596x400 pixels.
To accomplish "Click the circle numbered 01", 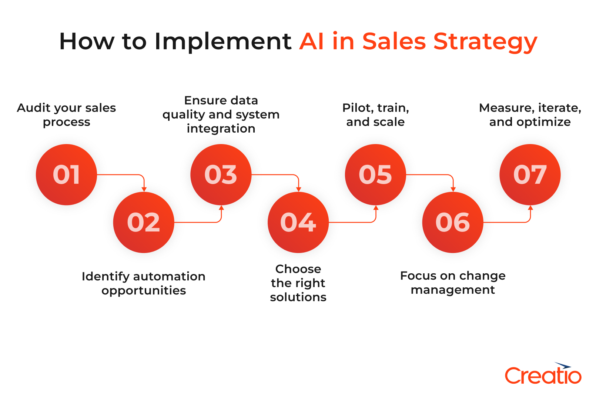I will tap(66, 174).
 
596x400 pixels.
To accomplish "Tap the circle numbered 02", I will tap(144, 222).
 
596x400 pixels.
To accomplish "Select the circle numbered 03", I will tap(221, 174).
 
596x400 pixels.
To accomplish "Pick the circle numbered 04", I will tap(298, 222).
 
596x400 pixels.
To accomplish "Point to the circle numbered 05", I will tap(375, 174).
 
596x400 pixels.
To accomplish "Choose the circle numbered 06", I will tap(453, 222).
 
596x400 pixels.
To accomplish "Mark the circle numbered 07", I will tap(530, 174).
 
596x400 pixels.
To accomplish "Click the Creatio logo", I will tap(543, 375).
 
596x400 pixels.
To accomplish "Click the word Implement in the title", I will tap(223, 41).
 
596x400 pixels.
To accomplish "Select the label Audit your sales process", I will tap(66, 115).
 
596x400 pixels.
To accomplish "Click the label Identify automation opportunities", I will tap(144, 283).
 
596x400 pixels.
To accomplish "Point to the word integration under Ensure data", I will tap(221, 129).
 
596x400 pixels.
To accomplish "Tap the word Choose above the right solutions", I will tap(298, 269).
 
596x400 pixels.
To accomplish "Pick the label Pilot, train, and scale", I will tap(375, 115).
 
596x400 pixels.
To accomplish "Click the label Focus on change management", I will tap(453, 283).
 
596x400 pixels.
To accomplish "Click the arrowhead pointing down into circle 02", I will tap(144, 189).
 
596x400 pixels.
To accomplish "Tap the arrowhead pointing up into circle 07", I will tap(530, 208).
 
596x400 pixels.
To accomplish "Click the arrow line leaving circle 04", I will tap(352, 222).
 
